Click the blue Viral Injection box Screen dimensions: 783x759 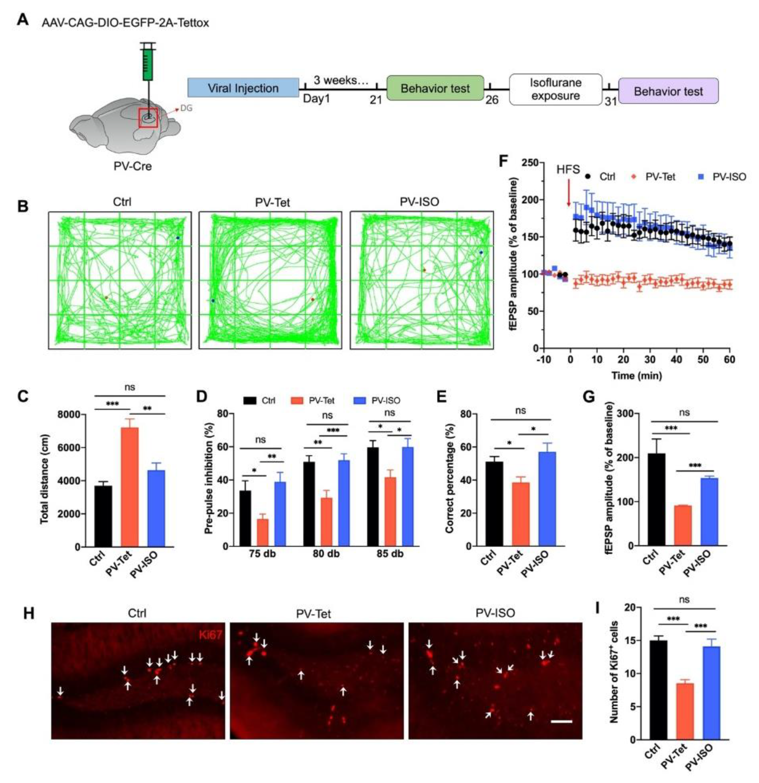pyautogui.click(x=243, y=88)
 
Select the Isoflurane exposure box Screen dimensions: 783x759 pyautogui.click(x=555, y=90)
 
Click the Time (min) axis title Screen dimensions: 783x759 pyautogui.click(x=636, y=376)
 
